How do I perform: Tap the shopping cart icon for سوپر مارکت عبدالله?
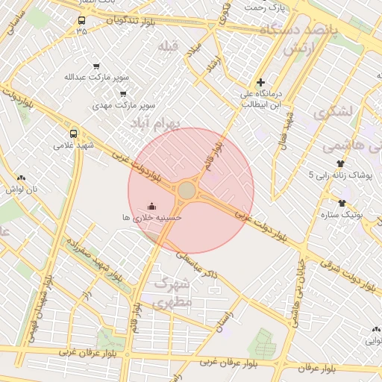[95, 66]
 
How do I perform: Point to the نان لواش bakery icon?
[21, 178]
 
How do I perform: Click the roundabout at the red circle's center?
[187, 192]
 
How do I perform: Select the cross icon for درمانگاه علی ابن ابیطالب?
[260, 83]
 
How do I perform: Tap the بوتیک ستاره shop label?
[342, 215]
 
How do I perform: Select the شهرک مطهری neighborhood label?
[172, 292]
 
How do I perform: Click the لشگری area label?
[331, 113]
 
